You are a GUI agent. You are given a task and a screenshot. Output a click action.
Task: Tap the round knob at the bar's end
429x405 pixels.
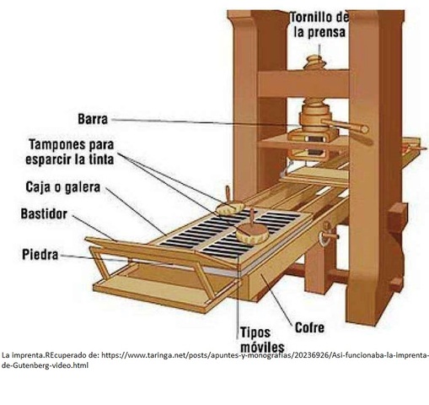[x=365, y=129]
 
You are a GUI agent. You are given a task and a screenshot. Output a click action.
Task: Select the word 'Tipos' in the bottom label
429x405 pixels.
[x=255, y=332]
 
